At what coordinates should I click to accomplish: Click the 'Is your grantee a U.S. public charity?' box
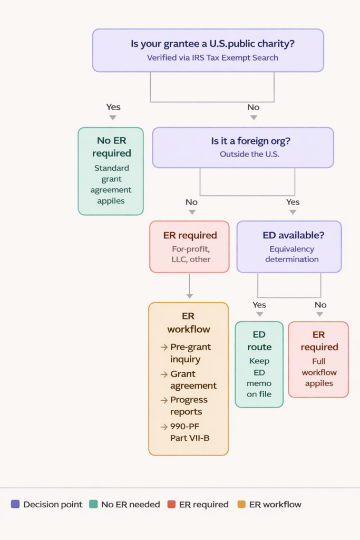[208, 50]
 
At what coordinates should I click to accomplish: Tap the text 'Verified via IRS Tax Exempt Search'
[212, 57]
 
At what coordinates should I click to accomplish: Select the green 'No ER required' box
[111, 171]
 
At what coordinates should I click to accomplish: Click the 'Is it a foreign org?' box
[243, 148]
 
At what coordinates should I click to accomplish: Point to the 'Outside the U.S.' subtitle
[249, 154]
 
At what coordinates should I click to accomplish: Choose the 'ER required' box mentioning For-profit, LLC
[189, 247]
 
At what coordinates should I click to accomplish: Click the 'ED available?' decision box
[289, 247]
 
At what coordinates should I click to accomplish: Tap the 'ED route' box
[259, 364]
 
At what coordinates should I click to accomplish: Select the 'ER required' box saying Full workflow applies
[318, 360]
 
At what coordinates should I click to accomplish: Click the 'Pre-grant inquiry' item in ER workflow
[190, 353]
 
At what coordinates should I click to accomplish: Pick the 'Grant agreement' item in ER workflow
[193, 380]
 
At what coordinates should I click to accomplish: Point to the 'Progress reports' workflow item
[189, 406]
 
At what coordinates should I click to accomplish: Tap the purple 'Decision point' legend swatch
[15, 504]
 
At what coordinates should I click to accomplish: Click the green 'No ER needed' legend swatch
[93, 504]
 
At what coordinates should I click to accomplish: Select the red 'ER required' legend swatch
[171, 504]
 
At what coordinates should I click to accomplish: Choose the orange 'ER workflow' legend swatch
[241, 504]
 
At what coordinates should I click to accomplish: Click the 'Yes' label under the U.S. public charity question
[113, 107]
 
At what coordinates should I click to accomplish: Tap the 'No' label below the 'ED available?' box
[320, 305]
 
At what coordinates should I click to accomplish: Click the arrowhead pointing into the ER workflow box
[190, 296]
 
